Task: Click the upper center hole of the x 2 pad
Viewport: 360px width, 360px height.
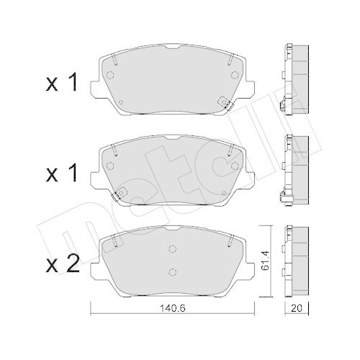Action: coord(172,250)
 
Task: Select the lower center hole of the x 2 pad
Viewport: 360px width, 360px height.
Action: coord(172,272)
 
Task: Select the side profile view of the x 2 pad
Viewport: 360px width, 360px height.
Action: coord(296,259)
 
